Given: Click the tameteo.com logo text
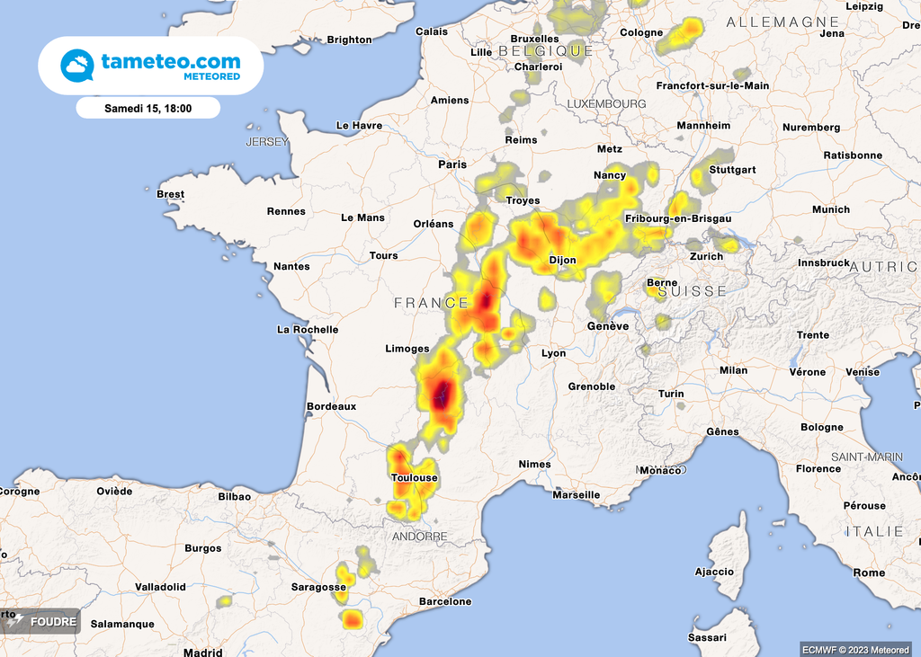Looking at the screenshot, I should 171,62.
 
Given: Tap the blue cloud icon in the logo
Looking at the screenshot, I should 77,66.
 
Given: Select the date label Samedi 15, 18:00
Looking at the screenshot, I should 148,108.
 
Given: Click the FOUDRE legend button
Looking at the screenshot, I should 42,621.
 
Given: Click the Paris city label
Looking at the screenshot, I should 452,164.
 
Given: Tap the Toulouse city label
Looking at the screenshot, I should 415,477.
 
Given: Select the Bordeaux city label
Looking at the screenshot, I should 332,406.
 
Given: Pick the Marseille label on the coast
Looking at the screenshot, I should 576,494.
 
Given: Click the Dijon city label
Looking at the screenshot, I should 562,262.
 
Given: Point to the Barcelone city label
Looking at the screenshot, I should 445,601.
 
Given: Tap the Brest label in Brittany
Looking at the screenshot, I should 170,194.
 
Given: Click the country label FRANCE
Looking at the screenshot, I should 431,304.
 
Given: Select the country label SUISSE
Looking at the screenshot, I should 692,291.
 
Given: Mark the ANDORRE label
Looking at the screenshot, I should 419,537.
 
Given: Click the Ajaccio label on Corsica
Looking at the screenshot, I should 714,572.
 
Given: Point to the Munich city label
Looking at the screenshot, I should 830,209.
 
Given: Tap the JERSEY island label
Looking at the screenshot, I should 267,142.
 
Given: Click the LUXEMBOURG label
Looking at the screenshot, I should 606,104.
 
